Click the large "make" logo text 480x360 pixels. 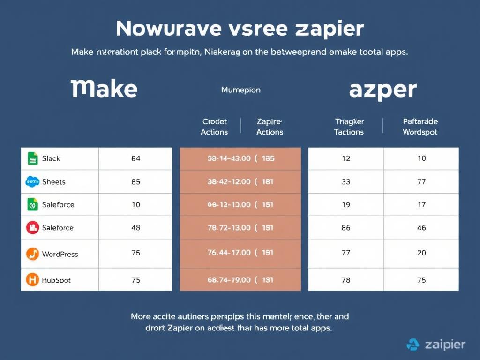(x=104, y=89)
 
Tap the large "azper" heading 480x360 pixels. (x=382, y=90)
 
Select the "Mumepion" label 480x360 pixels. (x=240, y=90)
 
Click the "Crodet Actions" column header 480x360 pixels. (x=214, y=127)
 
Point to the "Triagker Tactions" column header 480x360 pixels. (x=349, y=127)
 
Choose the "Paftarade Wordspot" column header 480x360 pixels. (x=420, y=127)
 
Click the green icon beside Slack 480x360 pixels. (x=32, y=158)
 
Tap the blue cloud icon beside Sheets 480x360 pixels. (x=32, y=181)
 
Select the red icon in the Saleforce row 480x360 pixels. (x=32, y=228)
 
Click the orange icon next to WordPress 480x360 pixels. (x=32, y=254)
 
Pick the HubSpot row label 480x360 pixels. (x=56, y=280)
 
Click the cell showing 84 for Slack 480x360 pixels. (x=135, y=158)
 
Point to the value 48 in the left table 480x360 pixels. (x=135, y=228)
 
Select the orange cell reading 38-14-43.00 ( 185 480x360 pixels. (x=240, y=158)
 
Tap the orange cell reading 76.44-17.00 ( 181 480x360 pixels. (x=240, y=253)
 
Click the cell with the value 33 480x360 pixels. (x=346, y=181)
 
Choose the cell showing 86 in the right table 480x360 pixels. (x=346, y=228)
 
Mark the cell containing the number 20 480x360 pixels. (x=421, y=253)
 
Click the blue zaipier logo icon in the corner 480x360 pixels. (x=413, y=345)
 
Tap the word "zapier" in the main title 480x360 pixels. (x=330, y=29)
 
